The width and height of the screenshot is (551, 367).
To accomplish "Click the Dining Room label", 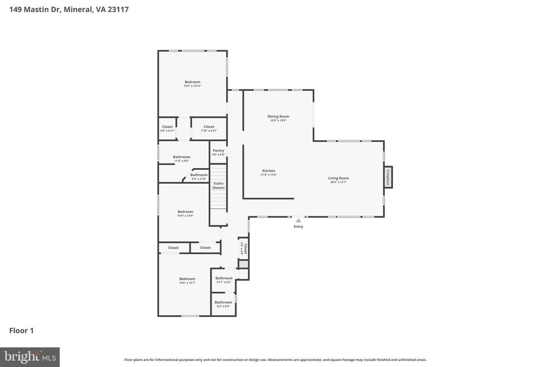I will [x=278, y=117].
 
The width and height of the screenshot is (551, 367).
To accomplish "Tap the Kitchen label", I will [x=269, y=171].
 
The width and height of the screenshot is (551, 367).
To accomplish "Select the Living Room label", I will [x=338, y=178].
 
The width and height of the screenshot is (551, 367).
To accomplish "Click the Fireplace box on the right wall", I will [x=387, y=177].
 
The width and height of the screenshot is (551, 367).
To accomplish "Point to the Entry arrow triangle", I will [x=298, y=220].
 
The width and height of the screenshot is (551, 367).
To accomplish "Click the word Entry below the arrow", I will [x=298, y=227].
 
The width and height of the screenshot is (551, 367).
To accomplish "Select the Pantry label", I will [x=218, y=150].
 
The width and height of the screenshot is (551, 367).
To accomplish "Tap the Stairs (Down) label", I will [x=218, y=185].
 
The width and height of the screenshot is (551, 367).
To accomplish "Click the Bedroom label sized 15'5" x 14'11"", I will [x=192, y=82].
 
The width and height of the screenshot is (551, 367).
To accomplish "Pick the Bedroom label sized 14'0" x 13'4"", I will [x=185, y=212].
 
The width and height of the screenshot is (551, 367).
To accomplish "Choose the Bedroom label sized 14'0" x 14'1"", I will [x=187, y=279].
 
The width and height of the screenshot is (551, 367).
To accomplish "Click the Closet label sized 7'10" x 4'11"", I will [x=209, y=127].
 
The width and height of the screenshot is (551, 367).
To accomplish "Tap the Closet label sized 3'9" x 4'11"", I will [x=167, y=127].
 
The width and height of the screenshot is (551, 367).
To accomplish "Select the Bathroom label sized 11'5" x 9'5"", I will [x=181, y=157].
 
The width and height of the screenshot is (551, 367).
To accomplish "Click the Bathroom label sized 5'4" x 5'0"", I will [x=223, y=303].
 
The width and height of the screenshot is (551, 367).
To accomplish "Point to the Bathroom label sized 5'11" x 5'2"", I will [x=224, y=278].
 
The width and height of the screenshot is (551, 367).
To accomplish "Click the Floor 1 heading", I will [x=22, y=330].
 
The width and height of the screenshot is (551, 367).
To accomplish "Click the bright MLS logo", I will [x=30, y=357].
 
